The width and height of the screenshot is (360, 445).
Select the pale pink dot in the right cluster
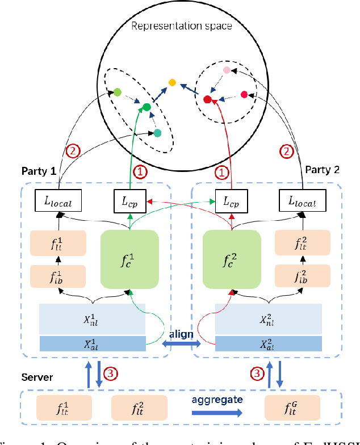[x=227, y=70]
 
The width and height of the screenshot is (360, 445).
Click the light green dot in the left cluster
[x=118, y=91]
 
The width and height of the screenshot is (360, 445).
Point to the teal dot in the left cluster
[x=157, y=133]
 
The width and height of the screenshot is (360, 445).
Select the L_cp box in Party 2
[x=232, y=200]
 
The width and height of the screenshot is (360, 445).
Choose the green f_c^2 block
[x=232, y=258]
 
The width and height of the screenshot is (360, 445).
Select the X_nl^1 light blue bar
[x=93, y=318]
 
